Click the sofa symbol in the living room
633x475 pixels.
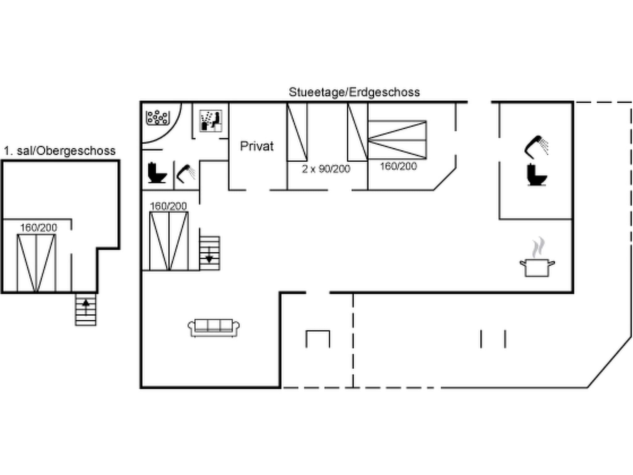(x=214, y=327)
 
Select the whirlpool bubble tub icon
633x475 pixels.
(x=158, y=118)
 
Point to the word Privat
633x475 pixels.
(x=257, y=146)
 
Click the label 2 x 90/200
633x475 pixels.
(x=326, y=169)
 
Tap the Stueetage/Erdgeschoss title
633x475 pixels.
(x=354, y=92)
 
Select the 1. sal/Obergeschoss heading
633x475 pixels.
(x=60, y=151)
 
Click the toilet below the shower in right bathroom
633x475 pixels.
(x=537, y=175)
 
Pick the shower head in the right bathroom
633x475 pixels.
(x=537, y=146)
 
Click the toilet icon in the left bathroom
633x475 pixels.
(x=157, y=173)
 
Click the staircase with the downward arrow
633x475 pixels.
(x=210, y=253)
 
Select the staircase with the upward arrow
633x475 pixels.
(x=86, y=309)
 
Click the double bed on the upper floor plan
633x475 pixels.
(x=36, y=263)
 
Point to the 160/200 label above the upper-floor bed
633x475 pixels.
(x=39, y=228)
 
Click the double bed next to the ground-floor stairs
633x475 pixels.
(x=169, y=241)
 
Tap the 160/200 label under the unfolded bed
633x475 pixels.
(x=398, y=166)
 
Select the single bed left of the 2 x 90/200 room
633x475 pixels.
(x=297, y=132)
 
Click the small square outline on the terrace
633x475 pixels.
(x=318, y=339)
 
